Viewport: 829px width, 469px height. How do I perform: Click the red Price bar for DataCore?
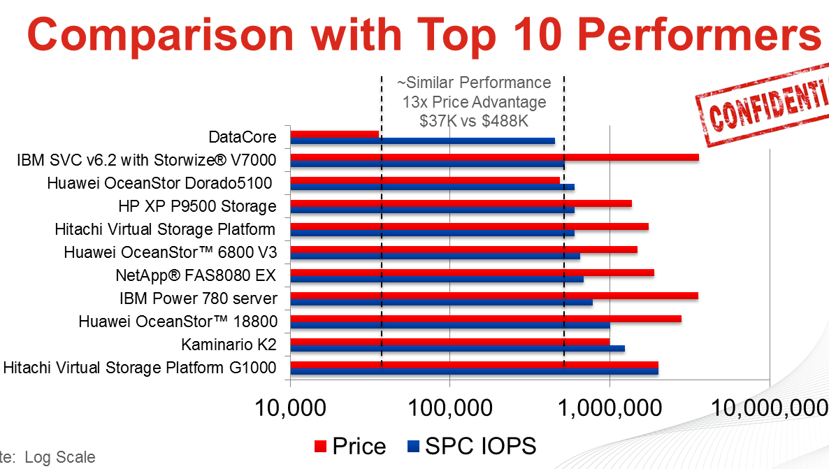pyautogui.click(x=334, y=134)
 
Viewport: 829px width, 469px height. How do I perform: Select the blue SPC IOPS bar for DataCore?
pyautogui.click(x=422, y=141)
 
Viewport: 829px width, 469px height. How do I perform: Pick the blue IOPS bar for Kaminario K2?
pyautogui.click(x=457, y=348)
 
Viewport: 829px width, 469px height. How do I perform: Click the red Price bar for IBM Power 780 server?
pyautogui.click(x=493, y=296)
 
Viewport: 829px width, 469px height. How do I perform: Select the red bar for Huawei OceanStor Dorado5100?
pyautogui.click(x=425, y=180)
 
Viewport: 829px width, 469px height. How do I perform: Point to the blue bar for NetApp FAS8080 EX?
pyautogui.click(x=436, y=280)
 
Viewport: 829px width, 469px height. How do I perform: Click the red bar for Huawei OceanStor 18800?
pyautogui.click(x=485, y=319)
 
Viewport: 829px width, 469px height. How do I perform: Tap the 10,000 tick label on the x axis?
pyautogui.click(x=289, y=407)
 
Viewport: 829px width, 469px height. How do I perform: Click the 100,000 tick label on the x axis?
pyautogui.click(x=449, y=407)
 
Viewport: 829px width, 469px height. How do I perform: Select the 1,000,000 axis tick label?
pyautogui.click(x=610, y=407)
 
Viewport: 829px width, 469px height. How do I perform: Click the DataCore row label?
pyautogui.click(x=243, y=137)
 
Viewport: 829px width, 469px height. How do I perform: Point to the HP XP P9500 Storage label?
pyautogui.click(x=198, y=206)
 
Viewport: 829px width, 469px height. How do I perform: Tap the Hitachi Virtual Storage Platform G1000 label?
pyautogui.click(x=140, y=368)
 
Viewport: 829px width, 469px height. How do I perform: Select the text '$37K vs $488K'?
pyautogui.click(x=474, y=121)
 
